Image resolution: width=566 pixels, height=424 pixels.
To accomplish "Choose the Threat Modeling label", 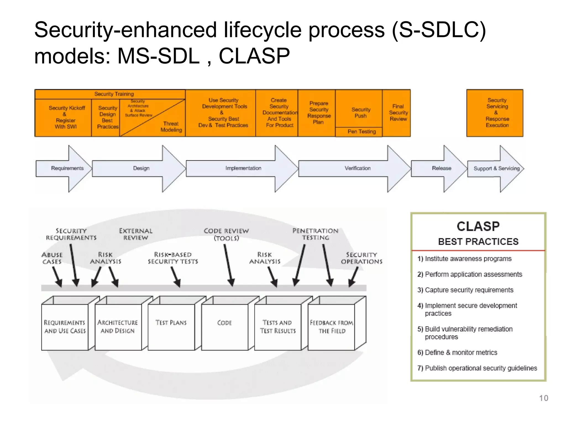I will coord(171,127).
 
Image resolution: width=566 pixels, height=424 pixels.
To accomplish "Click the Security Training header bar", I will coord(114,94).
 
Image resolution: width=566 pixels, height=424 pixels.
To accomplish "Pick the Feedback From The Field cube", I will coord(331,327).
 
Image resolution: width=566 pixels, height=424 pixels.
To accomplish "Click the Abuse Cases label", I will coord(52,258).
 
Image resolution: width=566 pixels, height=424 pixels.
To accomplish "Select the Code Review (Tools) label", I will coord(226,234).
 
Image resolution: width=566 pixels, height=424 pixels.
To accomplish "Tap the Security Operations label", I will coord(361,258).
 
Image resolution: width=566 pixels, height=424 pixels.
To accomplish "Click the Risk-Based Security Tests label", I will coord(173,258).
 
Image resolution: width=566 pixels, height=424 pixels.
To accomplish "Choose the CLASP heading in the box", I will coord(478,226).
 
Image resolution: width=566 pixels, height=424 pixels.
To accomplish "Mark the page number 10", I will coord(543,398).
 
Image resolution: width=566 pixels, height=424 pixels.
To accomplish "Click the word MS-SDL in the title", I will coord(158,56).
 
